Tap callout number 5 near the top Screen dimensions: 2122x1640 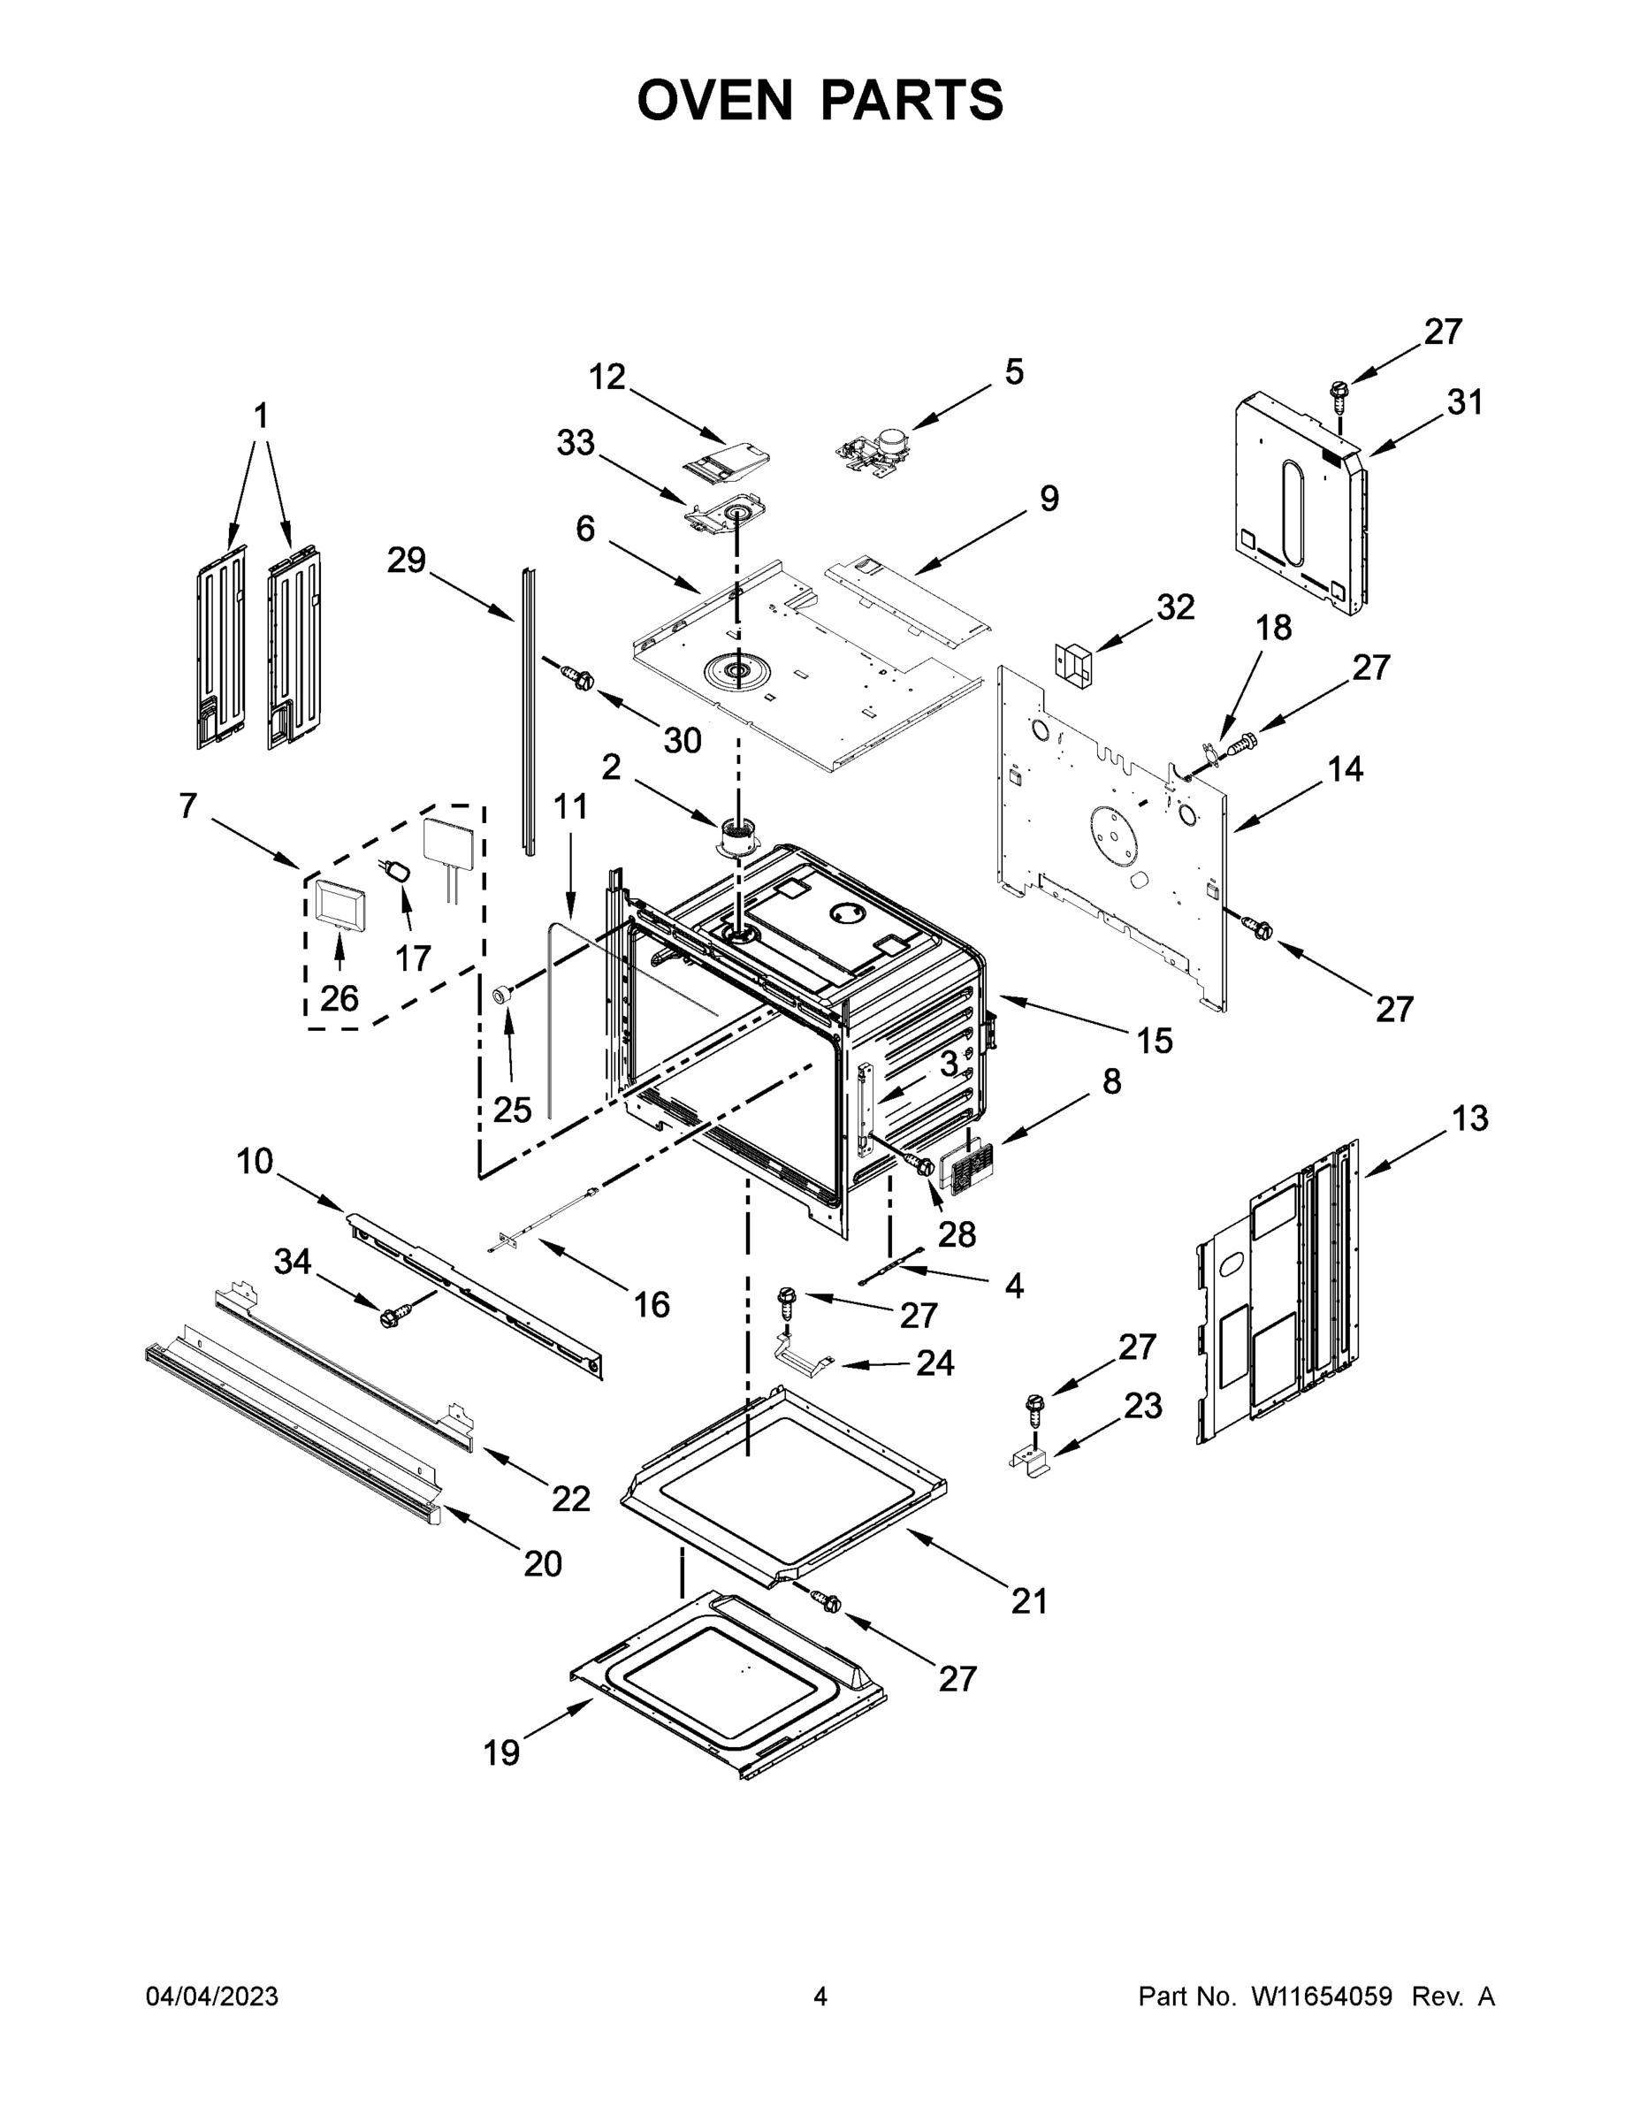(1013, 372)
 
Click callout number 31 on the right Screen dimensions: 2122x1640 (1465, 402)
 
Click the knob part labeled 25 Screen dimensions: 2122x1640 (503, 993)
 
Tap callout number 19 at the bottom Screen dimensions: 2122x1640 (501, 1754)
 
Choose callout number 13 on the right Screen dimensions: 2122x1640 (1470, 1119)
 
